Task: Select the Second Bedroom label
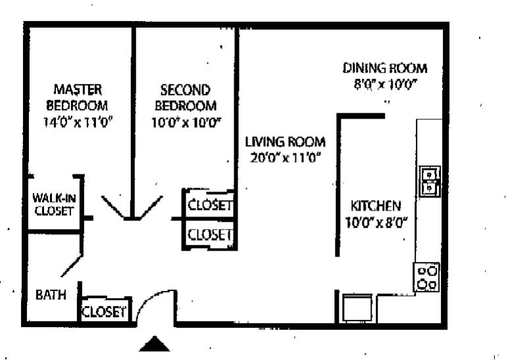[186, 97]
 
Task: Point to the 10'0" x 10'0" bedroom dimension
[186, 122]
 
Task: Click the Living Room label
[285, 141]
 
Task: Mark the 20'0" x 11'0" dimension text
[285, 158]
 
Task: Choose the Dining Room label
[385, 68]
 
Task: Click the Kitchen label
[375, 205]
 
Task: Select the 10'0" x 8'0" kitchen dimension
[375, 222]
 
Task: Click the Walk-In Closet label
[54, 205]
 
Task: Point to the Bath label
[51, 295]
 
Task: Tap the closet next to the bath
[105, 311]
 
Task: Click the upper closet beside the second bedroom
[209, 205]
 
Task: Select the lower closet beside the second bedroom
[209, 234]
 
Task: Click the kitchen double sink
[430, 182]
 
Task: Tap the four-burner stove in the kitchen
[427, 278]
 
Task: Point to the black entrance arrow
[154, 344]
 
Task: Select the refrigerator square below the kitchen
[357, 308]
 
